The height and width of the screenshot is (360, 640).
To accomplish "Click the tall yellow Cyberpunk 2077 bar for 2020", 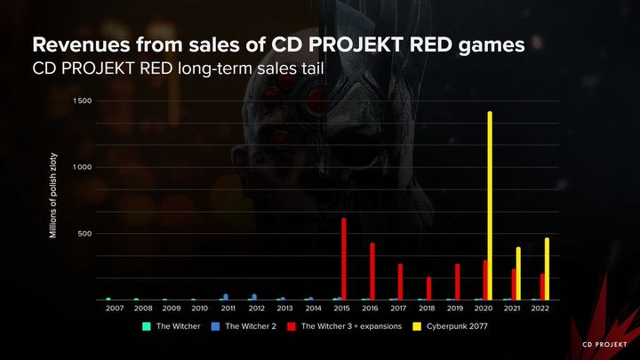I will coord(490,205).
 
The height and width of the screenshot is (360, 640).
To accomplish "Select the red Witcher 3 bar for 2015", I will coord(343,259).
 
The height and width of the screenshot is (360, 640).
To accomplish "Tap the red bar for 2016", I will coord(372,271).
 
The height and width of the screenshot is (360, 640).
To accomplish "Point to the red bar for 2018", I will coord(428,288).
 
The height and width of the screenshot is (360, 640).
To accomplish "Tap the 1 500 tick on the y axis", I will coord(83,101).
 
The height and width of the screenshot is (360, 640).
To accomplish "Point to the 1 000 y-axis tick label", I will coord(83,167).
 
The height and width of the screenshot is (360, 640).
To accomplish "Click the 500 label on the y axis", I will coord(85,234).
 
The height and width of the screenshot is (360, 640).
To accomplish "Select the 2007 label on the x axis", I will coord(115,308).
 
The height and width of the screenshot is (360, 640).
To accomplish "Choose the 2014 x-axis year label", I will coord(313,308).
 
